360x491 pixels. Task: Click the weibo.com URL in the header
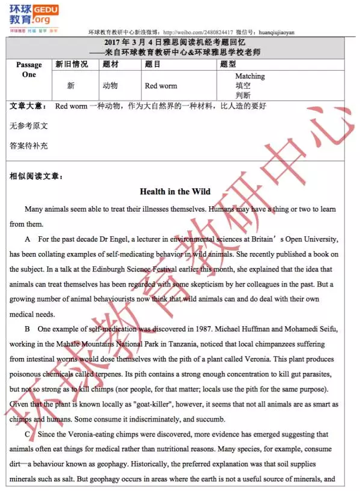197,32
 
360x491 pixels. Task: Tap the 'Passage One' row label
29,70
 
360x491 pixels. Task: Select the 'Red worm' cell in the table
161,86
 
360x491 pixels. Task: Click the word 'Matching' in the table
250,76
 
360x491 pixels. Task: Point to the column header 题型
228,64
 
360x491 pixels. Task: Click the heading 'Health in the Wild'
175,191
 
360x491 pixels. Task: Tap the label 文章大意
28,106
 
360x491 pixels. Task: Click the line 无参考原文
29,126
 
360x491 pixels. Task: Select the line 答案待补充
29,146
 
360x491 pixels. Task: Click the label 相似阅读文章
36,176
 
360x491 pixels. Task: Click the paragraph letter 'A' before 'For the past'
28,239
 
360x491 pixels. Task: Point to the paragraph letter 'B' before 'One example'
28,329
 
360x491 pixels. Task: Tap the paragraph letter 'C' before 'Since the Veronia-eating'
28,434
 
